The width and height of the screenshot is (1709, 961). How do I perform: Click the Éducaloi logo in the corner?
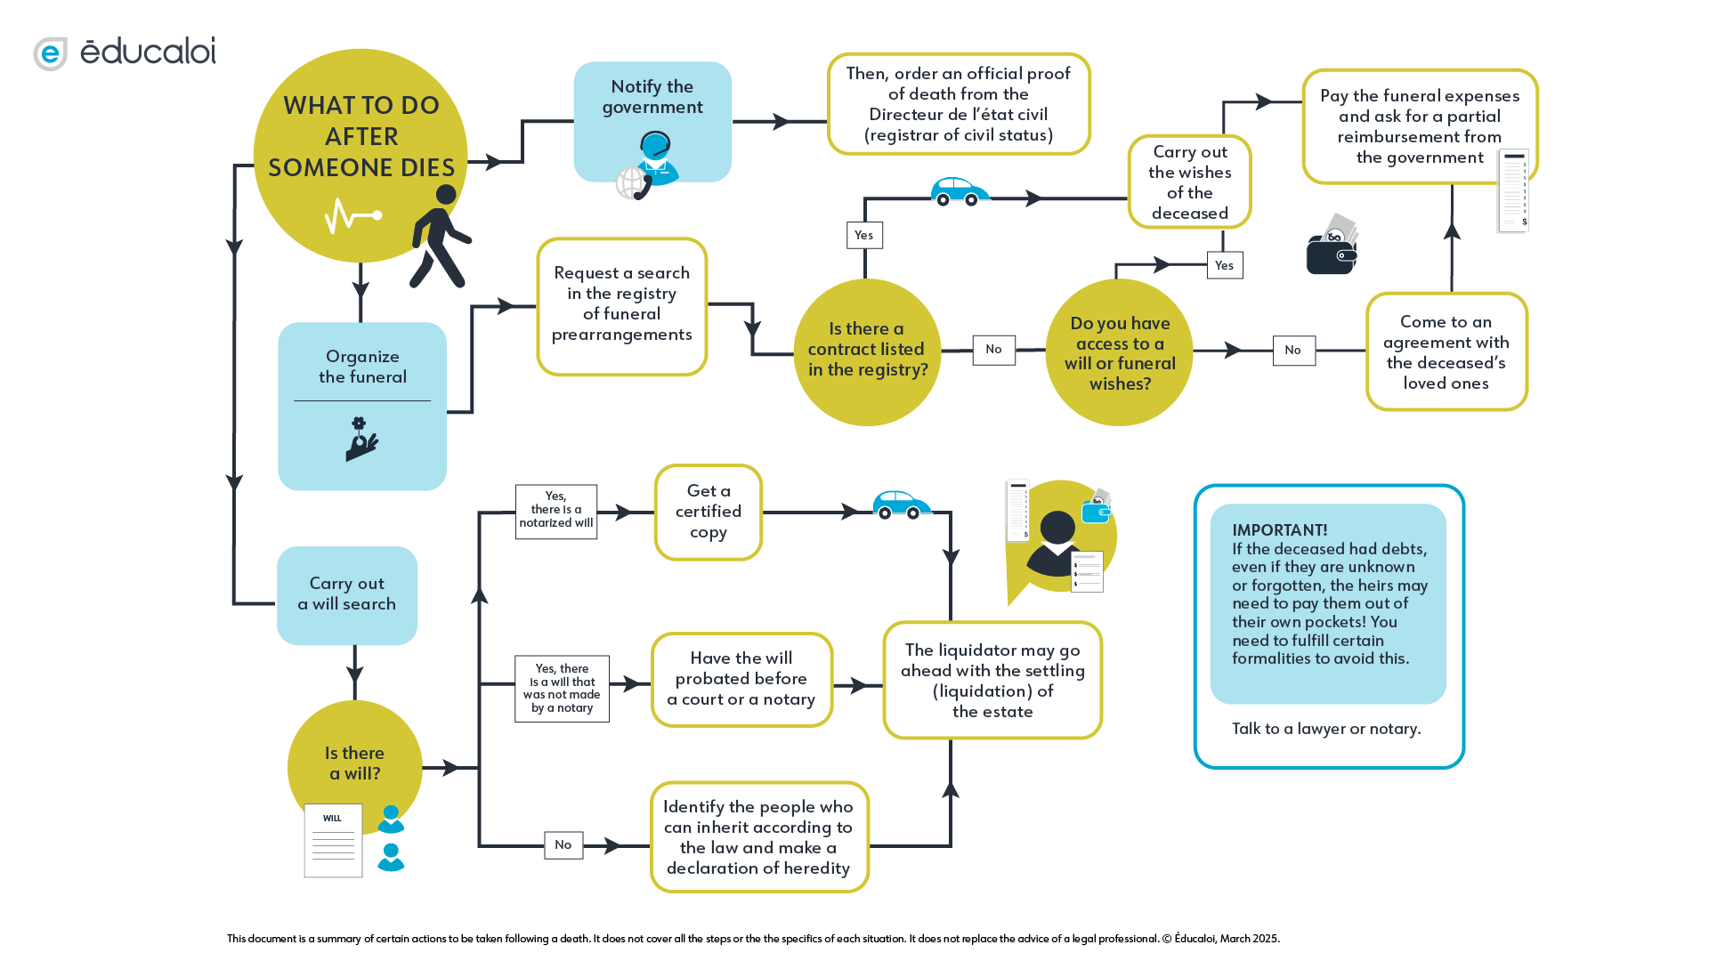pyautogui.click(x=125, y=52)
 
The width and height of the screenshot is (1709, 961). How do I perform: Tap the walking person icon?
pyautogui.click(x=440, y=237)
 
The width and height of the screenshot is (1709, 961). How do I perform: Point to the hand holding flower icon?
pyautogui.click(x=360, y=440)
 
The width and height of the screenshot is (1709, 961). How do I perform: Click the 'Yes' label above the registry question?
pyautogui.click(x=863, y=235)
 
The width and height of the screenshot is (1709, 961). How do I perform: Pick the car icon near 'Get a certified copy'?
pyautogui.click(x=901, y=505)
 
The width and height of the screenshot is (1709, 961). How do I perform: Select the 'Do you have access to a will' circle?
pyautogui.click(x=1119, y=352)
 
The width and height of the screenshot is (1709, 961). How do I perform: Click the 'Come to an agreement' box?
pyautogui.click(x=1446, y=351)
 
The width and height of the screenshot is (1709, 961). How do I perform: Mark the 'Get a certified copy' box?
pyautogui.click(x=709, y=512)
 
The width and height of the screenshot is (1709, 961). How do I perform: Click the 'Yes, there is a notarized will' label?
pyautogui.click(x=555, y=511)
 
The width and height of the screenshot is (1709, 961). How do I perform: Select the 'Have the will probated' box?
pyautogui.click(x=741, y=679)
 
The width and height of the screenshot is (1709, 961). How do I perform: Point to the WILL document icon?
pyautogui.click(x=333, y=840)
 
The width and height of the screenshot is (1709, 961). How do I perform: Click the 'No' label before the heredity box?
pyautogui.click(x=563, y=844)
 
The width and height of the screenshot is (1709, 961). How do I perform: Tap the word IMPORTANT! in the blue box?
pyautogui.click(x=1279, y=530)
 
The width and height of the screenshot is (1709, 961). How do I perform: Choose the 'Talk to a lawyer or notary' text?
pyautogui.click(x=1325, y=729)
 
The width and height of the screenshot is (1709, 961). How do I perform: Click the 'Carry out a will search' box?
pyautogui.click(x=347, y=594)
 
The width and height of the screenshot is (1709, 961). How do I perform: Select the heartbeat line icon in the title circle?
pyautogui.click(x=352, y=215)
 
